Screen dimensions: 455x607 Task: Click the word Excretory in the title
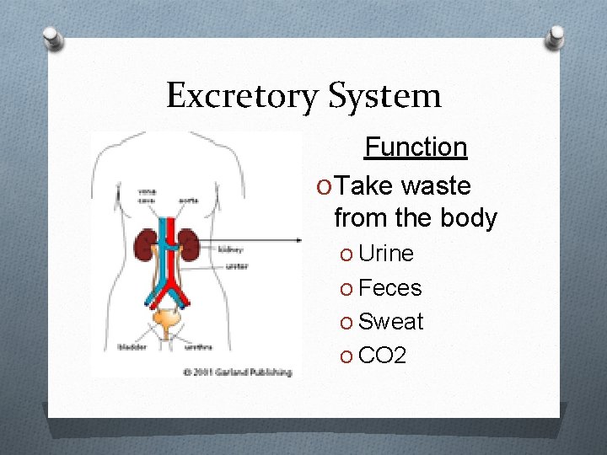click(x=242, y=96)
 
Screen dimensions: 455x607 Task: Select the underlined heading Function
click(x=416, y=147)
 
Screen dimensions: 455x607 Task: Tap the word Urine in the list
click(x=386, y=254)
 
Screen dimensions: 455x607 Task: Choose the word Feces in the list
click(x=389, y=288)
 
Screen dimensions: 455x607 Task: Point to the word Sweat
click(x=391, y=322)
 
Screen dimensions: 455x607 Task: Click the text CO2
click(x=382, y=356)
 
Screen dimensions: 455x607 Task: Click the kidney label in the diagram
click(x=231, y=250)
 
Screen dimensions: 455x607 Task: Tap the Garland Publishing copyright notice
click(x=238, y=372)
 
